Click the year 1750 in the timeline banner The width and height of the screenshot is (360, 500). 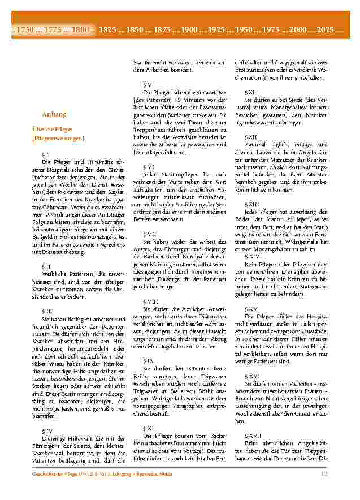26,29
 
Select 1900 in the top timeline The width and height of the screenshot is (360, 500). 189,29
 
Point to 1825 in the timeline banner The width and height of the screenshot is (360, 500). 107,29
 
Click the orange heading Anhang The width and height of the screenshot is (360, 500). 54,114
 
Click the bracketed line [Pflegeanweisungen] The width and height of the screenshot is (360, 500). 58,137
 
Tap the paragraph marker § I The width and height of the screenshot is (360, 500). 45,153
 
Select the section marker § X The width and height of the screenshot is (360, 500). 148,428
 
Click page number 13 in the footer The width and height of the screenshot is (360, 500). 324,474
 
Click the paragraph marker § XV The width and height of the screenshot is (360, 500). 251,309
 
